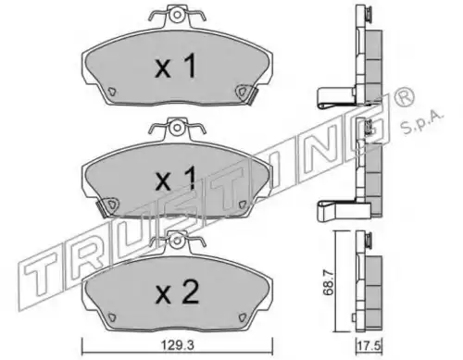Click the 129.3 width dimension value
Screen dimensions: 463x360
177,345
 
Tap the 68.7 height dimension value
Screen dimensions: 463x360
329,282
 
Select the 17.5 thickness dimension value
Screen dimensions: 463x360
369,345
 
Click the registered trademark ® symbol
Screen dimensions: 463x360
403,98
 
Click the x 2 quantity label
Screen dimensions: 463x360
177,293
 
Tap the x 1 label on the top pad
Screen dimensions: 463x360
175,66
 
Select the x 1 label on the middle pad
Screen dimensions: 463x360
175,179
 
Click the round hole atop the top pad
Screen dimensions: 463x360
177,15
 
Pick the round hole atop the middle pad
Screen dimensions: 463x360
177,127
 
